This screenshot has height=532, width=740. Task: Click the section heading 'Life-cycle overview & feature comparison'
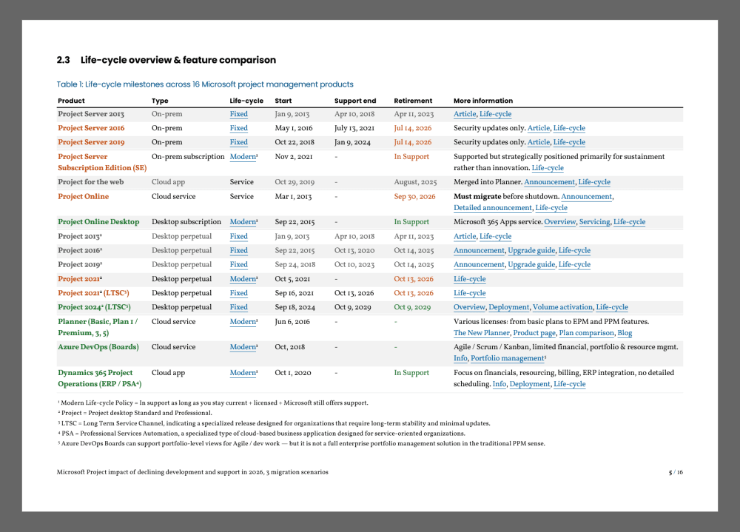[x=178, y=60]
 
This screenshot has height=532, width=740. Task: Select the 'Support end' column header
[x=355, y=101]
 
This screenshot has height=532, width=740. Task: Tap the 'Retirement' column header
[x=413, y=101]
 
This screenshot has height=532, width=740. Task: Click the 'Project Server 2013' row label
[x=91, y=114]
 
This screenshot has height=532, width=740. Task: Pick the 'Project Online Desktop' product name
[x=98, y=222]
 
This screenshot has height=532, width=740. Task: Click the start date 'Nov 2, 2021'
[x=294, y=157]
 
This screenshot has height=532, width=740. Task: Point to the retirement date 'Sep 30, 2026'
[x=414, y=197]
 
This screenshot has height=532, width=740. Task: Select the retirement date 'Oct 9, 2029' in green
[x=412, y=307]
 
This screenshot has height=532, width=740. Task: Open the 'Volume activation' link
[x=562, y=307]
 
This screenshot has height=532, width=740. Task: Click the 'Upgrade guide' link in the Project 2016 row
[x=531, y=251]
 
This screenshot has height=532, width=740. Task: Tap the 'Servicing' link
[x=594, y=222]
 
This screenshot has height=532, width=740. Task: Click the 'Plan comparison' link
[x=586, y=333]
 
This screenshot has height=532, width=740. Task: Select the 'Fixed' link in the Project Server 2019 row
[x=238, y=142]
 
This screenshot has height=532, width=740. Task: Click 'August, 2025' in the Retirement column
[x=415, y=182]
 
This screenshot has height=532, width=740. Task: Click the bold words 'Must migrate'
[x=478, y=197]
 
